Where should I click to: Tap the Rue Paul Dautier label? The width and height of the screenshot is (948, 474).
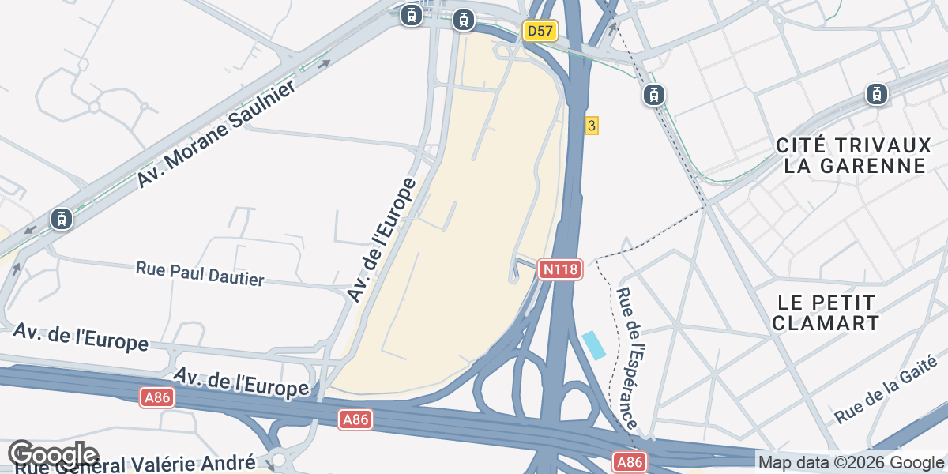(x=200, y=273)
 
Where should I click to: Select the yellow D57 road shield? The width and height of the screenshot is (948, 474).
(x=540, y=31)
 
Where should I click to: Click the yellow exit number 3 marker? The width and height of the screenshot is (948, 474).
(x=591, y=125)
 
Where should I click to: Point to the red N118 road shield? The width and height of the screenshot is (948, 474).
(x=561, y=269)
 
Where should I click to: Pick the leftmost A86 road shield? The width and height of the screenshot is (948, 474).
(x=157, y=398)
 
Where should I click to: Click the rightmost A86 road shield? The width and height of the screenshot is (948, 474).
(x=630, y=462)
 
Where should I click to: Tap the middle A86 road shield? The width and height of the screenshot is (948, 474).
(x=355, y=419)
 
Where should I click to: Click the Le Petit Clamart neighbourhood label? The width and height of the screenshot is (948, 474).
(x=826, y=313)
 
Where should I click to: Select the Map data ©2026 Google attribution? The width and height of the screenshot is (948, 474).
(x=851, y=463)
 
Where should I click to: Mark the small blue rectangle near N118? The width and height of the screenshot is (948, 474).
(x=594, y=345)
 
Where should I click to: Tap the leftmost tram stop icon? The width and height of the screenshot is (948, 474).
(x=61, y=219)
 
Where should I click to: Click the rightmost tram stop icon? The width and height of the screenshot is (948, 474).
(x=875, y=94)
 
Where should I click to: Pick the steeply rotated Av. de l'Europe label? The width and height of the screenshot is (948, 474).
(x=382, y=240)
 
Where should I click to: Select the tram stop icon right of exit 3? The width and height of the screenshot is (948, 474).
(x=653, y=95)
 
